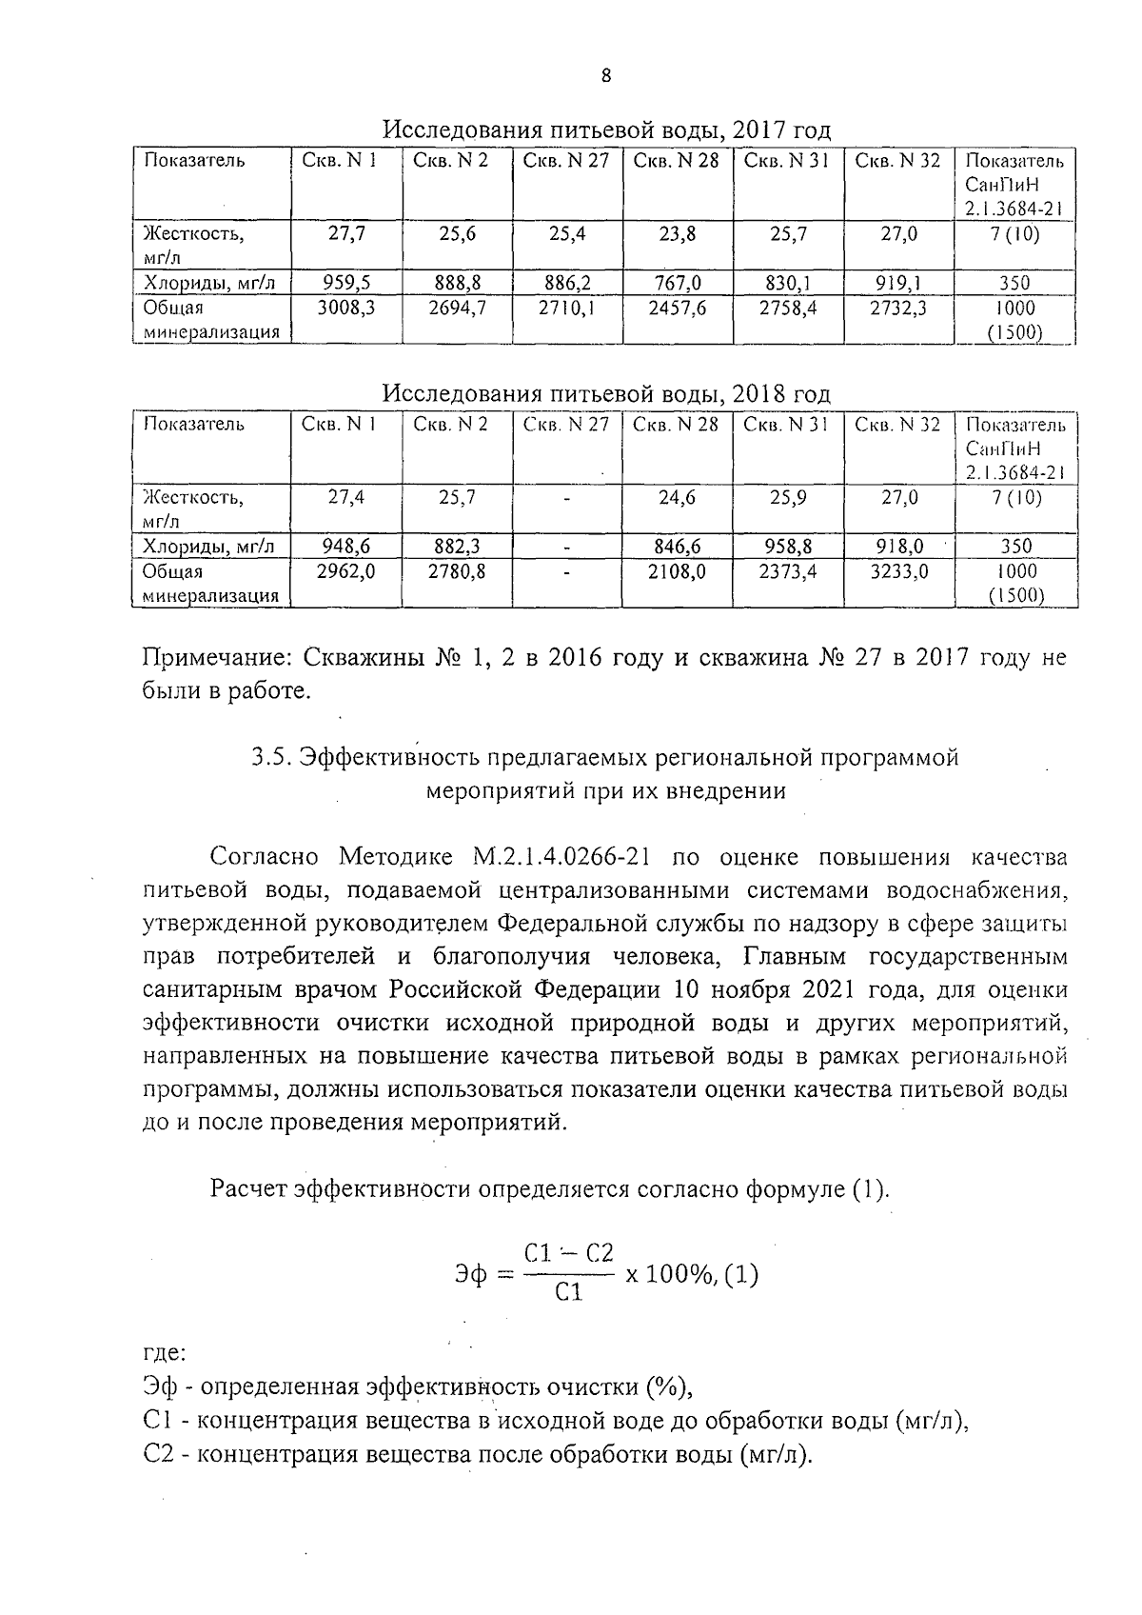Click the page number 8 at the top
(x=605, y=77)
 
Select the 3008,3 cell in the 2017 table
(x=346, y=309)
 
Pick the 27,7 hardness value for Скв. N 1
(x=346, y=233)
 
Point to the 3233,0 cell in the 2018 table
(x=898, y=571)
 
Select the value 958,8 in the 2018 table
(x=788, y=547)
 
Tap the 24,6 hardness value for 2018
(x=678, y=497)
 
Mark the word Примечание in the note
(x=217, y=658)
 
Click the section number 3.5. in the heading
(x=271, y=758)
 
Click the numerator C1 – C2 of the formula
(x=568, y=1253)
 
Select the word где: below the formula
(x=163, y=1352)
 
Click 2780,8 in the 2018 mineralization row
(x=457, y=571)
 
